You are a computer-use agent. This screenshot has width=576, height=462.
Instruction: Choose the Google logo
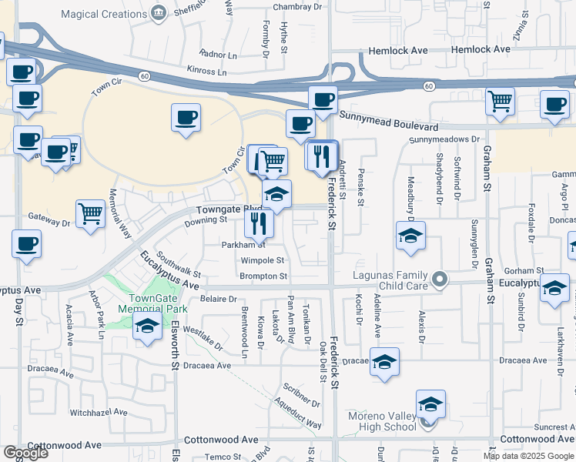[x=25, y=453]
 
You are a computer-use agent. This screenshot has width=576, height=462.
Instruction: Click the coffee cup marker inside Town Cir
[x=186, y=117]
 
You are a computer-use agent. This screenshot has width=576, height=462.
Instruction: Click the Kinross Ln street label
[x=206, y=70]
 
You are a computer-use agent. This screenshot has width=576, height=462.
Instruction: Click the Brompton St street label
[x=263, y=276]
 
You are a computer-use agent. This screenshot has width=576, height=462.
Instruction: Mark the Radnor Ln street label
[x=218, y=55]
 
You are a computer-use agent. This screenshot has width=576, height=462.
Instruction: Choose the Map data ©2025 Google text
[x=529, y=456]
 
